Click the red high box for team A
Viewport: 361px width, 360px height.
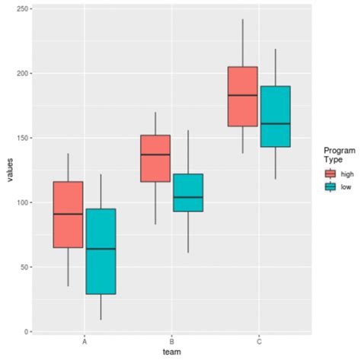[68, 215]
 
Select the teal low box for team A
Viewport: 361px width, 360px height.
[101, 251]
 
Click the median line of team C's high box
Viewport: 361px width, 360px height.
[242, 95]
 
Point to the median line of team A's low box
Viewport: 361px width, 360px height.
[101, 249]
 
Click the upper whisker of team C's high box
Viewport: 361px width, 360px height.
[242, 43]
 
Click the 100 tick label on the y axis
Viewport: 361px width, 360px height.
[22, 202]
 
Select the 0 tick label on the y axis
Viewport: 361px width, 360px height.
[27, 332]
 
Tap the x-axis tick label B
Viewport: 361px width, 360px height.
[172, 342]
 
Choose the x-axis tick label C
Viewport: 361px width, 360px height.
[259, 342]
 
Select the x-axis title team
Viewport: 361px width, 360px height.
[171, 353]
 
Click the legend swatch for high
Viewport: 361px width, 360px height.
[330, 174]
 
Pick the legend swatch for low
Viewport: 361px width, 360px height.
[330, 187]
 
